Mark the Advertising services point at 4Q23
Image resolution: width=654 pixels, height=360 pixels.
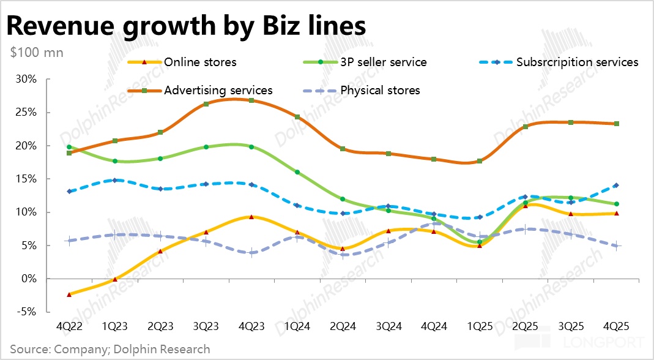pos(251,100)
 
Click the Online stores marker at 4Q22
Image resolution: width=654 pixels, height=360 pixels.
pos(69,294)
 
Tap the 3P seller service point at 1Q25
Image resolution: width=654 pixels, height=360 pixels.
pos(480,242)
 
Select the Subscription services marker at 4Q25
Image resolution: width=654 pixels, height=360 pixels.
pos(616,186)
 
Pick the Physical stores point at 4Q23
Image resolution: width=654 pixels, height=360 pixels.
pos(251,253)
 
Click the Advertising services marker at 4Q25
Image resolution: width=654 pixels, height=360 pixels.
pos(616,124)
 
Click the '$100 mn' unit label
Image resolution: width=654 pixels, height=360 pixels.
pos(37,52)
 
